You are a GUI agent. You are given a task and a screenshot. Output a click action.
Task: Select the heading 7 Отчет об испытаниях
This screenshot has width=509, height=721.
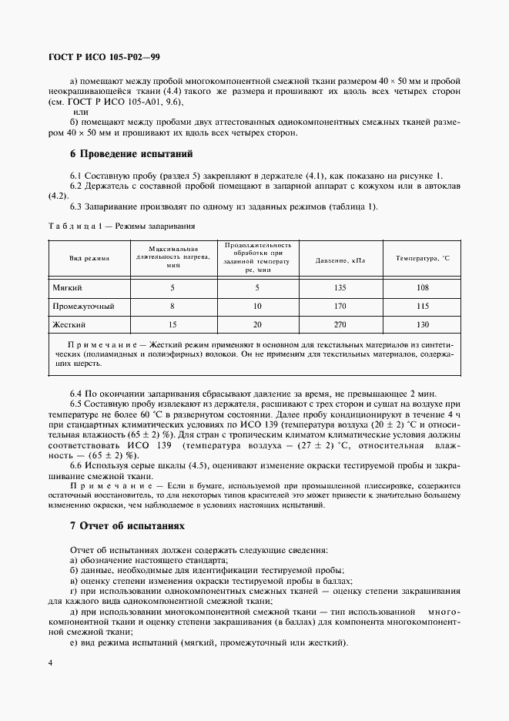click(x=128, y=525)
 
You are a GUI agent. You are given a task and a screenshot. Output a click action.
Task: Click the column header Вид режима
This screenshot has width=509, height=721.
click(x=89, y=260)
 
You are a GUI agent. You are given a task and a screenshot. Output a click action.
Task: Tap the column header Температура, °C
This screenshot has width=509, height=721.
click(x=421, y=260)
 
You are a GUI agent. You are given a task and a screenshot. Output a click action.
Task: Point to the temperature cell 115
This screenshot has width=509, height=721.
click(x=421, y=306)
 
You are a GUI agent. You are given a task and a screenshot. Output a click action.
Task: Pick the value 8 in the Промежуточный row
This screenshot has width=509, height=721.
click(x=172, y=306)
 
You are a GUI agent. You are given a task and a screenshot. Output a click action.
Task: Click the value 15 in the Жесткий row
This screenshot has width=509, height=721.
click(x=172, y=325)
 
